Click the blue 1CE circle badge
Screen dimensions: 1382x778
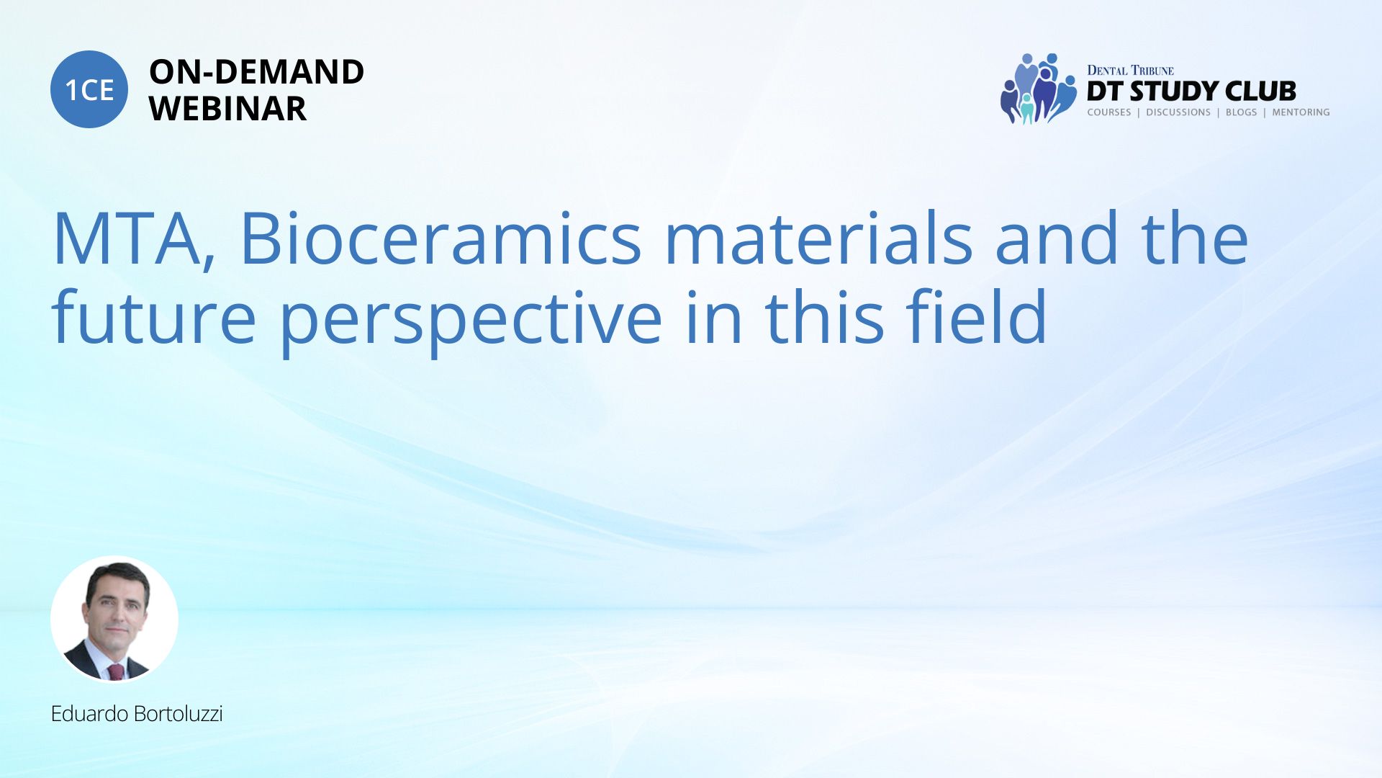pos(89,89)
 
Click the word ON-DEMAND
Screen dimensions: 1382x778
pos(256,72)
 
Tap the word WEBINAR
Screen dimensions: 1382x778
pos(227,109)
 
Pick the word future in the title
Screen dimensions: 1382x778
pos(153,316)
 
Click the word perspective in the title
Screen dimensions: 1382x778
pos(471,321)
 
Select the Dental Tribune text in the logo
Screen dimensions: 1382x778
pos(1130,70)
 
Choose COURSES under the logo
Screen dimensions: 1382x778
pos(1109,112)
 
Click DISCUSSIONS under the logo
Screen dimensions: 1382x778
pos(1178,112)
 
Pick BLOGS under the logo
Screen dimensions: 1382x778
pos(1241,112)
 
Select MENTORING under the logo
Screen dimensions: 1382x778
pos(1301,112)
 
